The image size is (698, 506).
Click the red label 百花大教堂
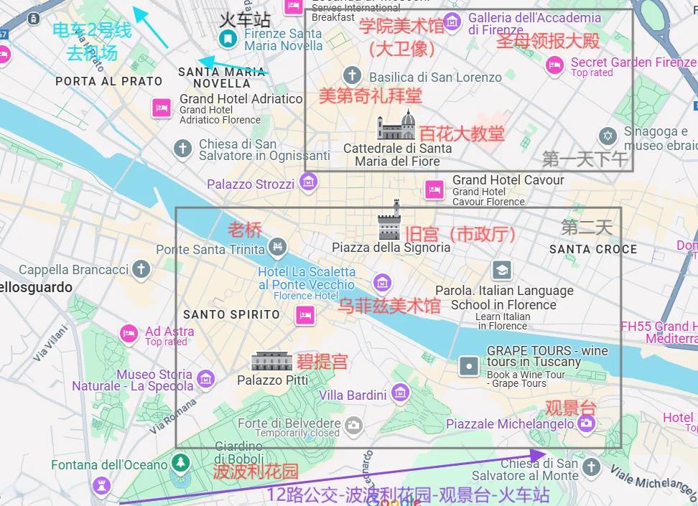coord(462,133)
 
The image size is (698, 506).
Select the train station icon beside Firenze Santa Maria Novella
coord(228,37)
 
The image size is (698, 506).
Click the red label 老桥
coord(245,230)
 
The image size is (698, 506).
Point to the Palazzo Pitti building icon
coord(271,361)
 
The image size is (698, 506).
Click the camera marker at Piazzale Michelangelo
coord(587,424)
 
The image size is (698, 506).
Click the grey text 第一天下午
coord(585,159)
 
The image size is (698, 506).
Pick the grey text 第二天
coord(587,228)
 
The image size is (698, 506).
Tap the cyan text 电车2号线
coord(92,31)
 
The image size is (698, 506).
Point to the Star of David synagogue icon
coord(608,136)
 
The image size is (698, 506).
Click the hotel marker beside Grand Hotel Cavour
coord(434,190)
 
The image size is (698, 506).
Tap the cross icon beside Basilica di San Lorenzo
coord(352,75)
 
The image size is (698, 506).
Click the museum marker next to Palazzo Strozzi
coord(308,184)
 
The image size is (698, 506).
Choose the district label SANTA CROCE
coord(592,249)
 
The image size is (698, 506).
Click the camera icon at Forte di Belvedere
coord(353,426)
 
